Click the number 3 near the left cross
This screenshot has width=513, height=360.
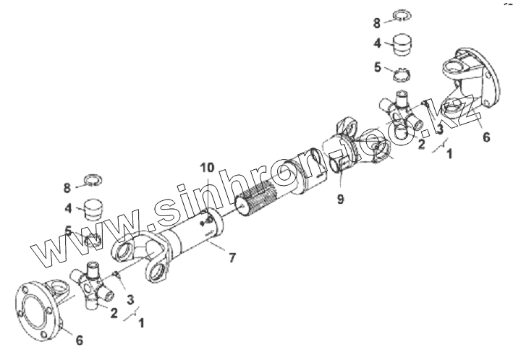(129, 300)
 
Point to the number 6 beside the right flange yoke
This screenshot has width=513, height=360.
(486, 137)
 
